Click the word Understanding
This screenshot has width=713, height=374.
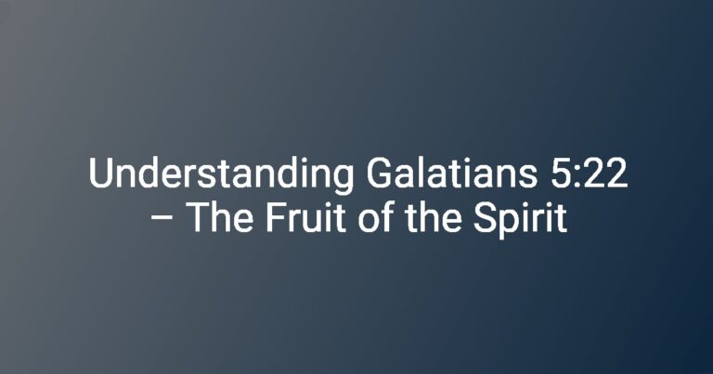pos(221,174)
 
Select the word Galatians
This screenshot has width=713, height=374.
pos(451,173)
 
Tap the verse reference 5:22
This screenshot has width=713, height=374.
pos(589,174)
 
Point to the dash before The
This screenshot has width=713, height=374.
pos(162,219)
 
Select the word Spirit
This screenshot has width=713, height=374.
pos(520,220)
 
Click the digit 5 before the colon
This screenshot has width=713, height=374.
pos(562,174)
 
